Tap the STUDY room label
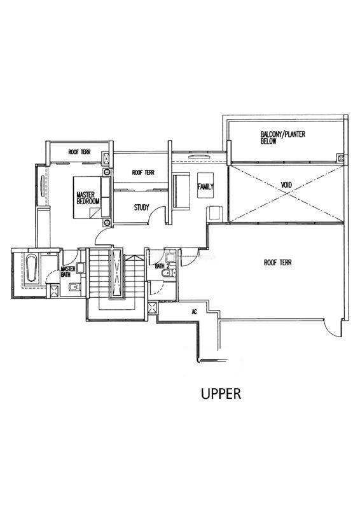[x=142, y=207]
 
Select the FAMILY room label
[x=205, y=186]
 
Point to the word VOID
[x=286, y=185]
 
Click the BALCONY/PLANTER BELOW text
[x=283, y=137]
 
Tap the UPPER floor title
[x=221, y=394]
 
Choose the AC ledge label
[x=195, y=312]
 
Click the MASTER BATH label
[x=68, y=272]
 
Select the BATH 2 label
[x=162, y=266]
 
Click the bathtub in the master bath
[x=32, y=268]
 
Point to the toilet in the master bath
[x=74, y=287]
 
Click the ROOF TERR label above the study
[x=143, y=172]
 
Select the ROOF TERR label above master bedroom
[x=80, y=152]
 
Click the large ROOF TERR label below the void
[x=277, y=263]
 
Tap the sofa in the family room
[x=181, y=191]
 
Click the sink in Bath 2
[x=170, y=258]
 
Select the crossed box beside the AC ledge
[x=153, y=308]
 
